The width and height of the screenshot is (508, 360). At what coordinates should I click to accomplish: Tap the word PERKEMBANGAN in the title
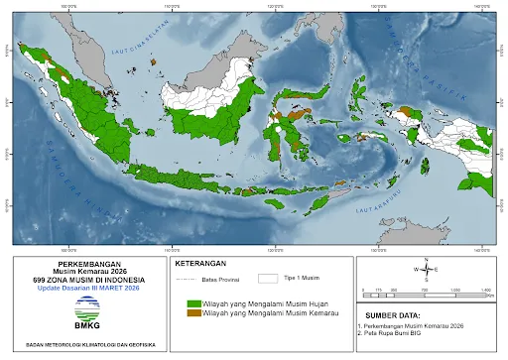[x=85, y=265]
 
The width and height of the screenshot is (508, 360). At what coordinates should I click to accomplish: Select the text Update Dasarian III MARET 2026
[x=85, y=289]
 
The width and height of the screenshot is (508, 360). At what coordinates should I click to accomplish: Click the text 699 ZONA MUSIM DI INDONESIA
[x=85, y=281]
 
